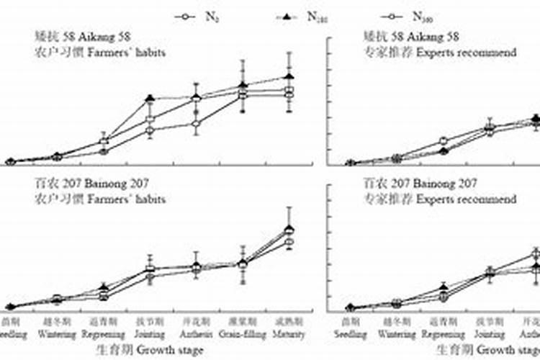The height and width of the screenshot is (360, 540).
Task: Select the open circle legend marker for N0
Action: click(186, 15)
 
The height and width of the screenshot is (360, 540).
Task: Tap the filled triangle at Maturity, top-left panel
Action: click(289, 76)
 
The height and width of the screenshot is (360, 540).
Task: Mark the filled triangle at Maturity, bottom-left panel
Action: click(289, 228)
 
